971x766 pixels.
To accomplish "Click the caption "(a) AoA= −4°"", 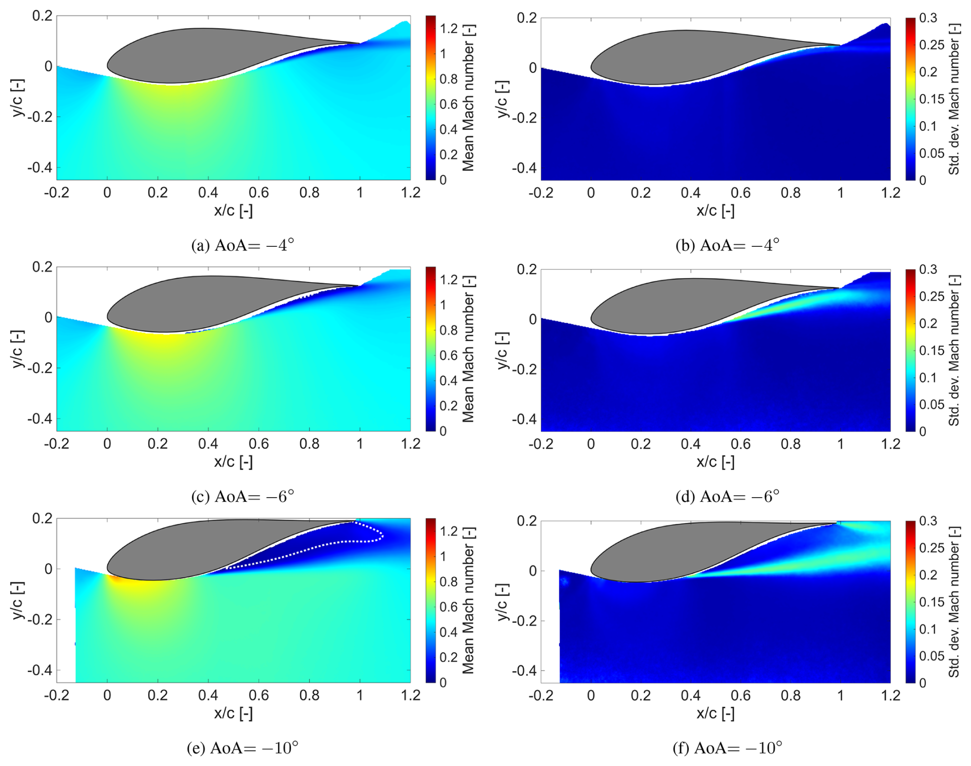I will click(242, 245).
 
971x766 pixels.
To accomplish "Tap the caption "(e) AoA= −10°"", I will click(242, 748).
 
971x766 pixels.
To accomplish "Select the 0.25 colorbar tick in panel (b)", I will click(931, 45).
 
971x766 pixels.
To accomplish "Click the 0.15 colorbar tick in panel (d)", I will click(931, 350).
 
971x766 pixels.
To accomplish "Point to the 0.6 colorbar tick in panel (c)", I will click(449, 355).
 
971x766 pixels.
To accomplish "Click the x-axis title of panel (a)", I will click(233, 210).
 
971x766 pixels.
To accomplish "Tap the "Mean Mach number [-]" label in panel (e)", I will click(468, 600).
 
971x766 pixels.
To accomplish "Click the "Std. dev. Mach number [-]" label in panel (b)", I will click(954, 99).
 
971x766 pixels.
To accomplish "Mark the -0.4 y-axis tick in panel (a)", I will click(40, 167).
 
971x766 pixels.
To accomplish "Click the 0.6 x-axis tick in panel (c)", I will click(259, 444).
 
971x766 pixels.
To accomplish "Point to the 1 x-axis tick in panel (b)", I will click(840, 193).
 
